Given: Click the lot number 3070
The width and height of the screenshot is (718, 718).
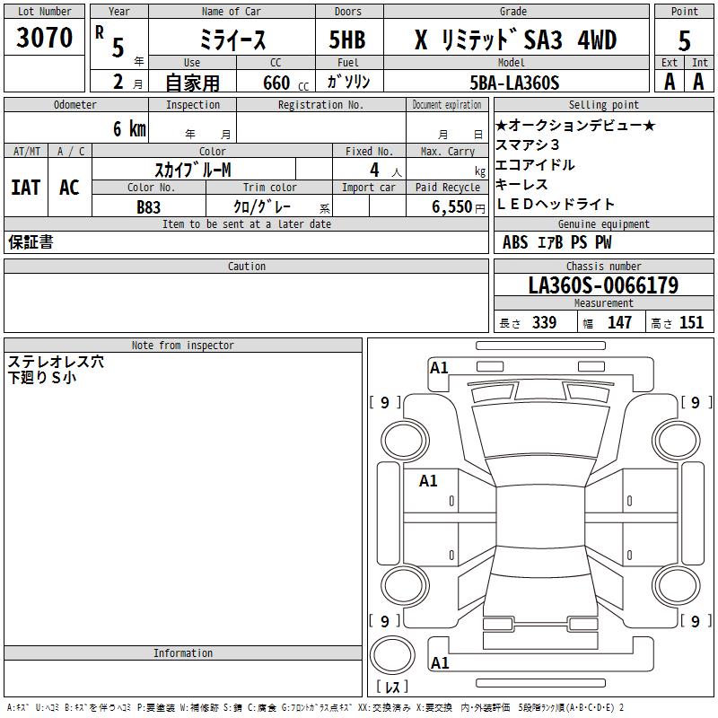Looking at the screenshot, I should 45,38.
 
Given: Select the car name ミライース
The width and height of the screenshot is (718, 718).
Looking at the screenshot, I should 232,40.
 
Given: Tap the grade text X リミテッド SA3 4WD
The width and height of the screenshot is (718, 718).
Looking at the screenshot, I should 515,40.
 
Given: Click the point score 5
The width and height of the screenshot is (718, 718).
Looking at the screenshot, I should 684,40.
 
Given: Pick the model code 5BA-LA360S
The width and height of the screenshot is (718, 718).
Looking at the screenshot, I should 514,83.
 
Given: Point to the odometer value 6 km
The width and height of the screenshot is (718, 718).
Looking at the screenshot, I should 129,129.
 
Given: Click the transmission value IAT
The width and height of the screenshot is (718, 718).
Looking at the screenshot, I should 25,188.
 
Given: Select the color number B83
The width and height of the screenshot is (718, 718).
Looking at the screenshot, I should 149,207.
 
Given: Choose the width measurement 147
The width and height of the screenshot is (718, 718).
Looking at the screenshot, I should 619,323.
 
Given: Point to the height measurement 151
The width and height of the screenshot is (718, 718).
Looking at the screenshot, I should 691,323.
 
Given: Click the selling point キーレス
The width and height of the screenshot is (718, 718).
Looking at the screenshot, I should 521,185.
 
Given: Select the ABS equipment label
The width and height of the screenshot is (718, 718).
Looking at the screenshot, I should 515,243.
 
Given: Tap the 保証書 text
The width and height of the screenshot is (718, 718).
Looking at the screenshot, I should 31,242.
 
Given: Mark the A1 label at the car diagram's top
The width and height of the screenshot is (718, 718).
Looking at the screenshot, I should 439,368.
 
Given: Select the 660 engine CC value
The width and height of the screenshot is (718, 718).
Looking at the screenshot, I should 276,83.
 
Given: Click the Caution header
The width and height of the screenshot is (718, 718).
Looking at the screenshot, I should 247,267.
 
